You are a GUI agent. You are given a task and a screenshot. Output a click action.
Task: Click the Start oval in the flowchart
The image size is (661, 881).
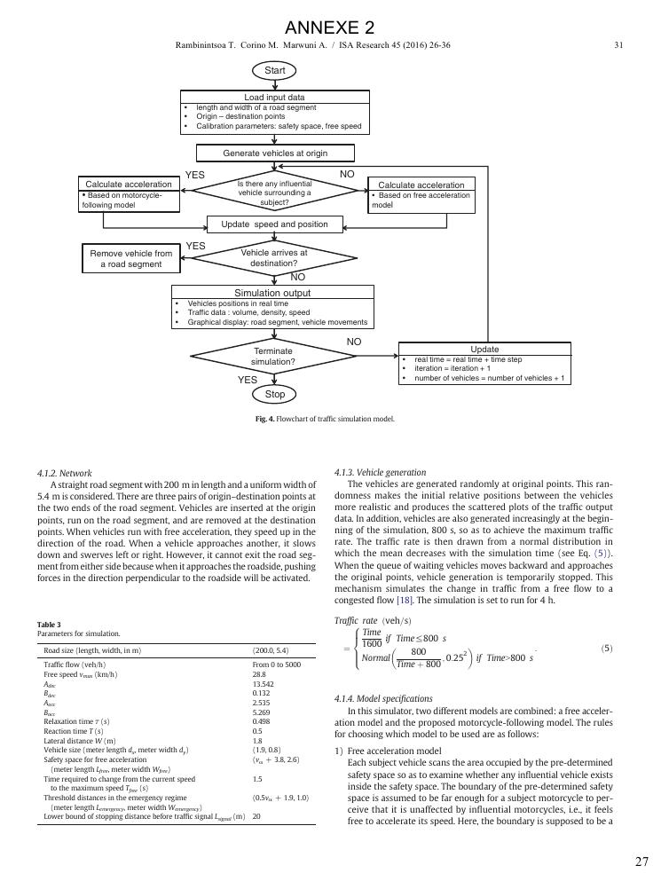click(274, 69)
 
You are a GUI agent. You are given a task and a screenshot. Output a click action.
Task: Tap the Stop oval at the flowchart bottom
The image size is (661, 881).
click(274, 394)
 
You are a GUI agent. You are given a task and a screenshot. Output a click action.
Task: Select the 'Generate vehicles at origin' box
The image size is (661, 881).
click(275, 153)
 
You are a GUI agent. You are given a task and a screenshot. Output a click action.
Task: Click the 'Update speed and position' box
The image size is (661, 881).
click(275, 224)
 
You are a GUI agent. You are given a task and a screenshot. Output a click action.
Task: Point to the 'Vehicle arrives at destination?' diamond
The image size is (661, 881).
click(274, 258)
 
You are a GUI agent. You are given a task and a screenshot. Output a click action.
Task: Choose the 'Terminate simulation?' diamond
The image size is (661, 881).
click(272, 357)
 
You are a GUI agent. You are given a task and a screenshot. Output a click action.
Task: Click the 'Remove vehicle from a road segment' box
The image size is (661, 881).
click(131, 258)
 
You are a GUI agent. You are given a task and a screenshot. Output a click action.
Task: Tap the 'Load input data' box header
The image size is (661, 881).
click(275, 97)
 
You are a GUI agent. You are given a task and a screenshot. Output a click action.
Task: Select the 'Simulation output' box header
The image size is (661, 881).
click(272, 293)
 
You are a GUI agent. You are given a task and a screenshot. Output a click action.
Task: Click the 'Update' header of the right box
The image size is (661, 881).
click(484, 349)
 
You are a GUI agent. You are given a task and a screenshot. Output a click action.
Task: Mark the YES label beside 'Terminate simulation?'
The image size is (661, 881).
click(248, 380)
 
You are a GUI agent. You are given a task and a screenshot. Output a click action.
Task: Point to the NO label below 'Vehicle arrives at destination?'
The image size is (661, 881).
click(298, 278)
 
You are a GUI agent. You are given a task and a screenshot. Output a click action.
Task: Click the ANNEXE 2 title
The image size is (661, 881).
click(330, 28)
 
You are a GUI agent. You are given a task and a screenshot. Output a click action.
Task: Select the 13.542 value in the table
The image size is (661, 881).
click(263, 684)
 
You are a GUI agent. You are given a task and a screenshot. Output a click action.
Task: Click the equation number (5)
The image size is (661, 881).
click(606, 649)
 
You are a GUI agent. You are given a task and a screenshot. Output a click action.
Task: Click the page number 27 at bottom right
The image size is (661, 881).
click(641, 861)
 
